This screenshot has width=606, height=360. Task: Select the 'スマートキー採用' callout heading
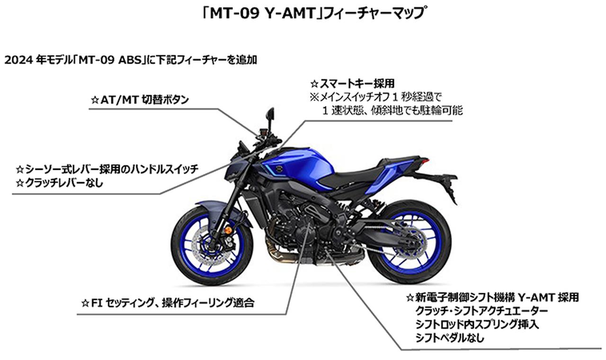[352, 84]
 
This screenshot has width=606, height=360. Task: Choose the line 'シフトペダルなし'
[450, 338]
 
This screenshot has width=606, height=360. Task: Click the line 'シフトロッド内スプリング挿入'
[477, 325]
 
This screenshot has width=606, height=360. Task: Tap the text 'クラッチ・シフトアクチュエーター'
[481, 311]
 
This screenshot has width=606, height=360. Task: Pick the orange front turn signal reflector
[228, 230]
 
